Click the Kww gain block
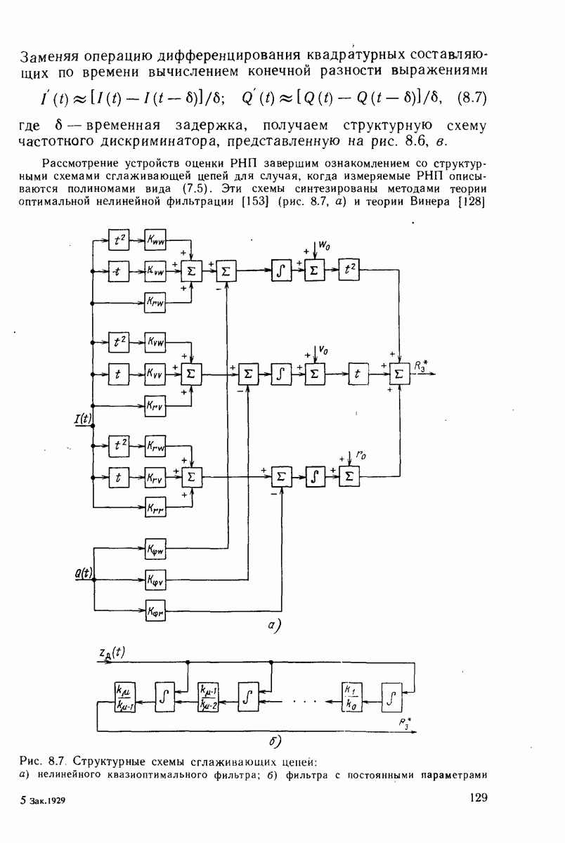(155, 239)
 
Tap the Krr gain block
(155, 507)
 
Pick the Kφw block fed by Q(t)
(155, 547)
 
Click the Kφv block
(155, 580)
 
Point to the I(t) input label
(84, 419)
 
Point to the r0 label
(361, 455)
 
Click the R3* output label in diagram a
(421, 364)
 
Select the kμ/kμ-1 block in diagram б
(124, 696)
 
